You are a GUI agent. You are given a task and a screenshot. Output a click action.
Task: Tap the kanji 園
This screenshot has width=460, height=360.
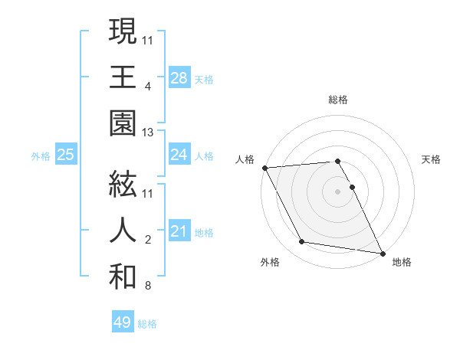click(123, 122)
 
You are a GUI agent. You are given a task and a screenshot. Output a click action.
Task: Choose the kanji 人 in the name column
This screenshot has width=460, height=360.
click(123, 231)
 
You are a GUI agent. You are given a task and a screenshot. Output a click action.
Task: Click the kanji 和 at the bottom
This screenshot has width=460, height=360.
click(123, 277)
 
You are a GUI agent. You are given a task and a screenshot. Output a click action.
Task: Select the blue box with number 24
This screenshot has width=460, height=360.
click(179, 155)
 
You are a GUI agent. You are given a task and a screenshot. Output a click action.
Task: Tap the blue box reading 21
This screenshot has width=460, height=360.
click(179, 231)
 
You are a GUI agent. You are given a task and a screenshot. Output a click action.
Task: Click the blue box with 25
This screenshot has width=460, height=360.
click(65, 155)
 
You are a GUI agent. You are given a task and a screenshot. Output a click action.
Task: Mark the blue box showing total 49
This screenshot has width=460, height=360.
click(122, 322)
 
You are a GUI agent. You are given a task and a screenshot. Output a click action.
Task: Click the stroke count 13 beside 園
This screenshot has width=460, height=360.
click(148, 133)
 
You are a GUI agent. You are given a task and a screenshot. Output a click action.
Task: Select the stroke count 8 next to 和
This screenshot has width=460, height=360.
click(147, 286)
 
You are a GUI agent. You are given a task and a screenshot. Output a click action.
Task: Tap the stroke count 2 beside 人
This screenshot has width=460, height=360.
click(147, 241)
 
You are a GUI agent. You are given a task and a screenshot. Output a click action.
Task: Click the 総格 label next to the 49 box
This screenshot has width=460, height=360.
click(147, 324)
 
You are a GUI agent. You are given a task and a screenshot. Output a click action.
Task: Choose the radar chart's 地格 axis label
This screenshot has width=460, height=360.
click(402, 262)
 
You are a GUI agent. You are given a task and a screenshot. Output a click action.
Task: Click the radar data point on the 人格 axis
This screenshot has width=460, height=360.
click(265, 168)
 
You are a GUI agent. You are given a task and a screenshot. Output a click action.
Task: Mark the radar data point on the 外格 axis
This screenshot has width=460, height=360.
click(302, 242)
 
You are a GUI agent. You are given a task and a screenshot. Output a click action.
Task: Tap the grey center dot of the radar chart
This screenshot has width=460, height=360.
click(337, 191)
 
